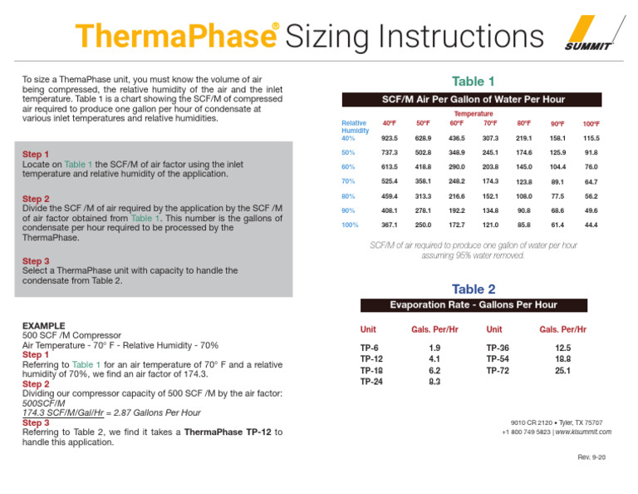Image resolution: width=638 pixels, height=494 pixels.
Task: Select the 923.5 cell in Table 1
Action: (389, 138)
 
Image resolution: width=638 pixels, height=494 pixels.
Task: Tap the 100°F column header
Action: (591, 124)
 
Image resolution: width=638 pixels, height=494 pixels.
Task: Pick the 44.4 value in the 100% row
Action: (591, 225)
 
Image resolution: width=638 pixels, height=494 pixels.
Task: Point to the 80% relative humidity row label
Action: (350, 196)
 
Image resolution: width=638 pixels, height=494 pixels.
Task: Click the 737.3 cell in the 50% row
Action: (389, 153)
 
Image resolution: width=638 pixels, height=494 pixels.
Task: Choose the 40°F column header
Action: (389, 124)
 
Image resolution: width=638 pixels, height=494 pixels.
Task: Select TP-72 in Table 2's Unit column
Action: (498, 370)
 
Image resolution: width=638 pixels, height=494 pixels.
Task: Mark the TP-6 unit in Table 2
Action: (370, 348)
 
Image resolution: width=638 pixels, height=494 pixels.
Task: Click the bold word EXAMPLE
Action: (44, 325)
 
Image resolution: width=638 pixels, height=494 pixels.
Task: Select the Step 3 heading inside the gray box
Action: (36, 261)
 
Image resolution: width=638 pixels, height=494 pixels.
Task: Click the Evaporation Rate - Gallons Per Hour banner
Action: (474, 304)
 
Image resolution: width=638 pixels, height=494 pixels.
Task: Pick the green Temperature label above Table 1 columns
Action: (474, 114)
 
